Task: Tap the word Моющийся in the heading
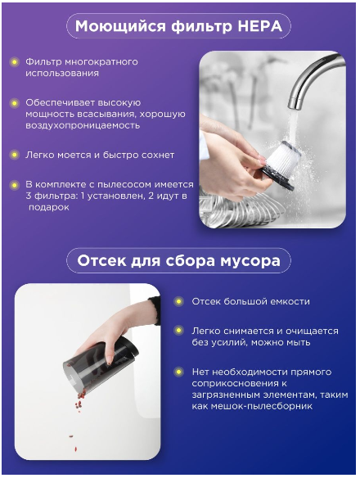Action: [120, 27]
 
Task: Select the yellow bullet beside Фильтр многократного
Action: [14, 62]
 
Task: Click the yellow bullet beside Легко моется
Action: [14, 155]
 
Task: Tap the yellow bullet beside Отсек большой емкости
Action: [178, 301]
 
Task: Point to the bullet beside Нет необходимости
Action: [178, 372]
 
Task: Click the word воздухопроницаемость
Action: [83, 125]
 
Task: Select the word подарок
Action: [49, 207]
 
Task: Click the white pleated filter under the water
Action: [283, 158]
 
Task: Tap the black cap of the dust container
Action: [128, 349]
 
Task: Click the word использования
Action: [62, 74]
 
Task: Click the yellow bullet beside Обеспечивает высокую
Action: [14, 103]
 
